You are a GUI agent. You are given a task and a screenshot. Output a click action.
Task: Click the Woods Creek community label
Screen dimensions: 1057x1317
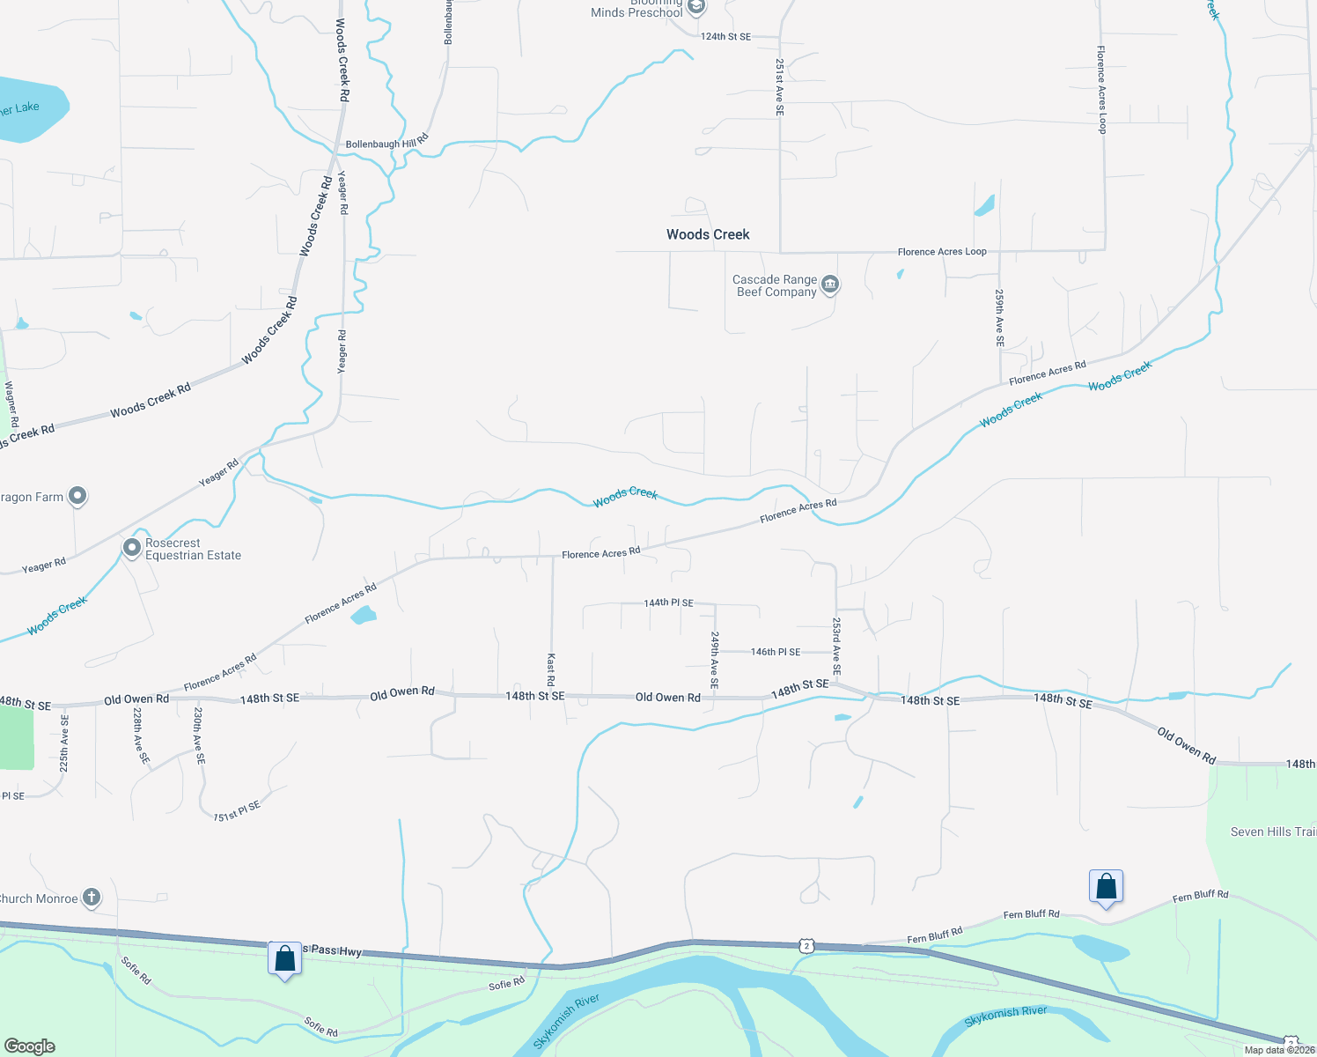708,234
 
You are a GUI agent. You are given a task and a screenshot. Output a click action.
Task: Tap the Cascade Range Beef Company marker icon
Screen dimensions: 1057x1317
830,285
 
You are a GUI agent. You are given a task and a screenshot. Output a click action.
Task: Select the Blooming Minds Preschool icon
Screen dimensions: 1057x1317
696,8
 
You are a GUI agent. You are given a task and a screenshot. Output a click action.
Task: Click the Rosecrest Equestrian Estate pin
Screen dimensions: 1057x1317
132,548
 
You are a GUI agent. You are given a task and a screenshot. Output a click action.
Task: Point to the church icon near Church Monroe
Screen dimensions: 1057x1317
92,898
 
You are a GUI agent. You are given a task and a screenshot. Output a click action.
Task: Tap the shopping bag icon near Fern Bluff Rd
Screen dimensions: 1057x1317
1106,886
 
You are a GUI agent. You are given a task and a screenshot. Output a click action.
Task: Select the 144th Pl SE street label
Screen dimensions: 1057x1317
668,603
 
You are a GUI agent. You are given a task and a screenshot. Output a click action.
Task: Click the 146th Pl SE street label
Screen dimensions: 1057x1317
776,653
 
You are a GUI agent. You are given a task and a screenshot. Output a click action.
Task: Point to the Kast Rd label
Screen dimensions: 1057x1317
551,669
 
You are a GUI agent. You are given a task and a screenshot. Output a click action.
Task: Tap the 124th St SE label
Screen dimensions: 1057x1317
725,37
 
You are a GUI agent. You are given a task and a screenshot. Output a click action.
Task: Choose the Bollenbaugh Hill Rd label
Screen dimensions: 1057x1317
386,143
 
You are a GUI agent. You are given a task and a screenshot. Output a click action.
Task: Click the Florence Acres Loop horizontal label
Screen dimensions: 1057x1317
942,252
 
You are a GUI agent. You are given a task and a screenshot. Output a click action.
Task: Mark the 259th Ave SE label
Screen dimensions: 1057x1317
1000,317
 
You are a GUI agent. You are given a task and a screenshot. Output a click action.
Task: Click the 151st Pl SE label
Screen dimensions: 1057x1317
237,811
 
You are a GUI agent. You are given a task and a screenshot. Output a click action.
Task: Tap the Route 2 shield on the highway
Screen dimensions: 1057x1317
806,946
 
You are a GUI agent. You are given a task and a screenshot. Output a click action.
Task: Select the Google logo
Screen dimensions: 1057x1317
30,1046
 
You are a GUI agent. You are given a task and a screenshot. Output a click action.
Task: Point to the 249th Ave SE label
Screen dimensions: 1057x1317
715,660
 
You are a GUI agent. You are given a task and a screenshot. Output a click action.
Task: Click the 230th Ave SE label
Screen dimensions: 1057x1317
199,735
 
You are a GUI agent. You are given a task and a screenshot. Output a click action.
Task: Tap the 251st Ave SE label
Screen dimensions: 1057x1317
779,87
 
